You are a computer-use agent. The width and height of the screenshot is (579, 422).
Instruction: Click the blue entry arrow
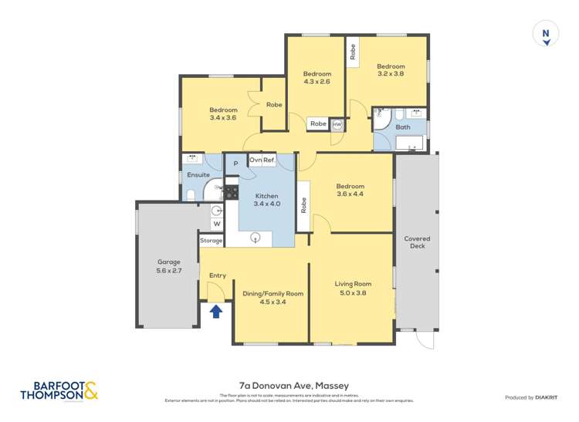216,311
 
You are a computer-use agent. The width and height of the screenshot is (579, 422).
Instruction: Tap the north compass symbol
546,35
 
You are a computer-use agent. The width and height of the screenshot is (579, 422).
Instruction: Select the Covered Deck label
417,243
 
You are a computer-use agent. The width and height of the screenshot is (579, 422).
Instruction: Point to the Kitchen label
267,196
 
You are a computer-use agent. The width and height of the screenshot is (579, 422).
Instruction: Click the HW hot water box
337,123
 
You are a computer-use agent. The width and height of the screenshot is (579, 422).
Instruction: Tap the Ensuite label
198,175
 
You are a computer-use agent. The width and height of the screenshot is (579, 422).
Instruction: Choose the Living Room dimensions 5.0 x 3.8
353,293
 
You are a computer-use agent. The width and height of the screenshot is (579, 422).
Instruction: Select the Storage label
211,241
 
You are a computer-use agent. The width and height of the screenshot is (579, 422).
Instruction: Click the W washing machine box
216,225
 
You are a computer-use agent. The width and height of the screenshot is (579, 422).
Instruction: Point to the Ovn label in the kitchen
255,160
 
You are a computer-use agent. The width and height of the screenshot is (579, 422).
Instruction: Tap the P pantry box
235,164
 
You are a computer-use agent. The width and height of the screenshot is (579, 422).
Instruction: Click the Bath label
402,127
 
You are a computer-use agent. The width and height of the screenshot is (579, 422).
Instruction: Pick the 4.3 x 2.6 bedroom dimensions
317,81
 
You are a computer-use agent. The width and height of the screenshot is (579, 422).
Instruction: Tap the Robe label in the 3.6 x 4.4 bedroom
304,204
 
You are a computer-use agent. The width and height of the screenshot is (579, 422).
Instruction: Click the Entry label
218,275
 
